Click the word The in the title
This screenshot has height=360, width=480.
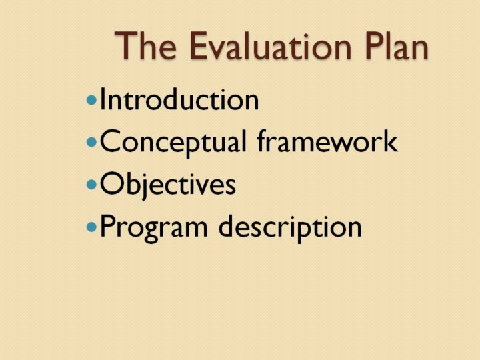(146, 45)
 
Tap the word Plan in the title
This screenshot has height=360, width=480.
(397, 45)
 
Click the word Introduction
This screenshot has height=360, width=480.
(179, 99)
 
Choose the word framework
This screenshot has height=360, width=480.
(327, 141)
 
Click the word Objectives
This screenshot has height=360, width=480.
(168, 185)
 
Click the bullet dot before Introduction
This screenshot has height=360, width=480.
(91, 100)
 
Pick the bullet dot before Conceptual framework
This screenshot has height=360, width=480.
(91, 142)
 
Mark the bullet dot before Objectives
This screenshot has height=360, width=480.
(91, 185)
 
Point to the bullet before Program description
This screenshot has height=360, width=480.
(91, 227)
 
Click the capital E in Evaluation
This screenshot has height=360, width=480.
(199, 45)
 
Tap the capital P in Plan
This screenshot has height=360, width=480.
(375, 45)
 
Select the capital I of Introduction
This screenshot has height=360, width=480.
(103, 99)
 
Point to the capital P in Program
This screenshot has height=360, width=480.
(108, 226)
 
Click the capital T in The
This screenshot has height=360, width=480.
(125, 45)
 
